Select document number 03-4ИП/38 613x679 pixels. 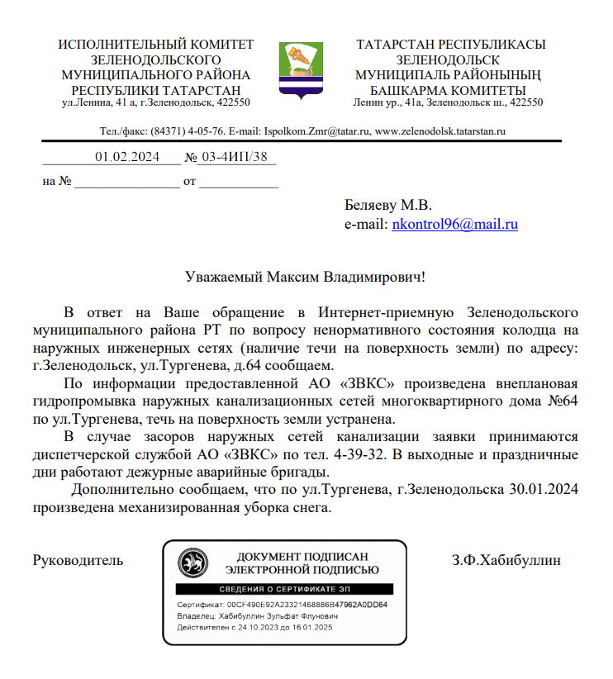pos(235,157)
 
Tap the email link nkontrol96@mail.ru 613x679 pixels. pos(454,224)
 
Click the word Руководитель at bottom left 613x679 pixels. pos(78,560)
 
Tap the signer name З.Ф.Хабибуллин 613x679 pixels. pos(506,560)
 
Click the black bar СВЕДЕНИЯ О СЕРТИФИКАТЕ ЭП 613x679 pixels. pos(284,588)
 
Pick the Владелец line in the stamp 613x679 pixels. pos(258,616)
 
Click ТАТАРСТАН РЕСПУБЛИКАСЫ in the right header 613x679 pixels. pos(451,45)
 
